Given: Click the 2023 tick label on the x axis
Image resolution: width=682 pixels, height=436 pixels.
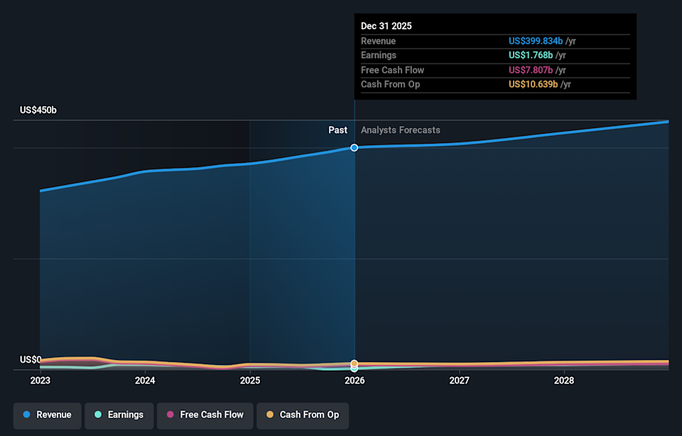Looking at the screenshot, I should click(40, 381).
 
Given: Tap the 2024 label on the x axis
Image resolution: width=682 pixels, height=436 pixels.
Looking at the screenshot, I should click(145, 381).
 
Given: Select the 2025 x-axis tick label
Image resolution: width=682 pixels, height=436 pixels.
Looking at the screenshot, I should click(249, 381).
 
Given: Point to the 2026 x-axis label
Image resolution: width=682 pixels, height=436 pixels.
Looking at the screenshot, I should click(354, 381).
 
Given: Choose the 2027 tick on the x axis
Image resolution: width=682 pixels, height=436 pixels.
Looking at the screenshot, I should click(459, 381).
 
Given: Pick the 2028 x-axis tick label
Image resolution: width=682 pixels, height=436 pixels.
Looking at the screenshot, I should click(564, 381).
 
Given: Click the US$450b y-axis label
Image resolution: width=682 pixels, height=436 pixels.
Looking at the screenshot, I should click(38, 110).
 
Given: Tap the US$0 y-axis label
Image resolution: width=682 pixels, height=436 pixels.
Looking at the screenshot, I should click(31, 360).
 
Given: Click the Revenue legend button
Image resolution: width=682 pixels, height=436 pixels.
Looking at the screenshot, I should click(47, 415).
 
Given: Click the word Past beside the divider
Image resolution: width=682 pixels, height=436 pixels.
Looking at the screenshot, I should click(337, 130).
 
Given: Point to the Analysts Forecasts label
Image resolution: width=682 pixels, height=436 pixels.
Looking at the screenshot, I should click(401, 130).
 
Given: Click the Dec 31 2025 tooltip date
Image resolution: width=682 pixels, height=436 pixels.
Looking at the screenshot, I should click(386, 26).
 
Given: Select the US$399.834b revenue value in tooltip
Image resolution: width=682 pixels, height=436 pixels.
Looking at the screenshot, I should click(536, 41).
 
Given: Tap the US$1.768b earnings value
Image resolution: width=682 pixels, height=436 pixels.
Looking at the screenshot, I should click(531, 55).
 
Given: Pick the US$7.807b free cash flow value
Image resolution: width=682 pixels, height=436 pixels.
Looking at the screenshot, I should click(531, 70).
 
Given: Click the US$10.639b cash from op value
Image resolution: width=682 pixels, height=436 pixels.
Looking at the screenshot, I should click(534, 85).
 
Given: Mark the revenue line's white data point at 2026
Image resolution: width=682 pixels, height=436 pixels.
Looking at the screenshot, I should click(354, 147).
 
